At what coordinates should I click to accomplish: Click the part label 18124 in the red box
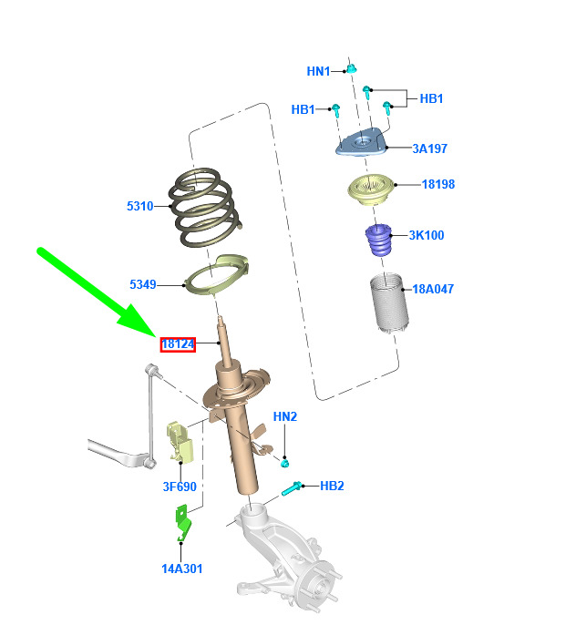pos(178,343)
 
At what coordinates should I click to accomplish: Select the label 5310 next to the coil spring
pos(140,207)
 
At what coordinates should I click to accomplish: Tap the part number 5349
pos(143,285)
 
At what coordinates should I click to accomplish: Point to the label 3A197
pos(429,149)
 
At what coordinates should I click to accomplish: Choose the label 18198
pos(437,184)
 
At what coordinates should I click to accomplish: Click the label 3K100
pos(426,235)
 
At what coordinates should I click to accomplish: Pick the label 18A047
pos(433,289)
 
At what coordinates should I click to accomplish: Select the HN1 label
pos(318,71)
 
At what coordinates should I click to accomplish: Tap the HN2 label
pos(285,416)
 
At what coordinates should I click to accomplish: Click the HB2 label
pos(332,486)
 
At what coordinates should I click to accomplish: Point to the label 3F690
pos(180,487)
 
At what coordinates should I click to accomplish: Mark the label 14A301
pos(182,569)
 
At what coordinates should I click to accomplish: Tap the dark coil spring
pos(205,208)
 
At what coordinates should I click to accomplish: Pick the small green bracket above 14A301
pos(183,524)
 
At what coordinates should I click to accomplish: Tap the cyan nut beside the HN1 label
pos(351,68)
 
